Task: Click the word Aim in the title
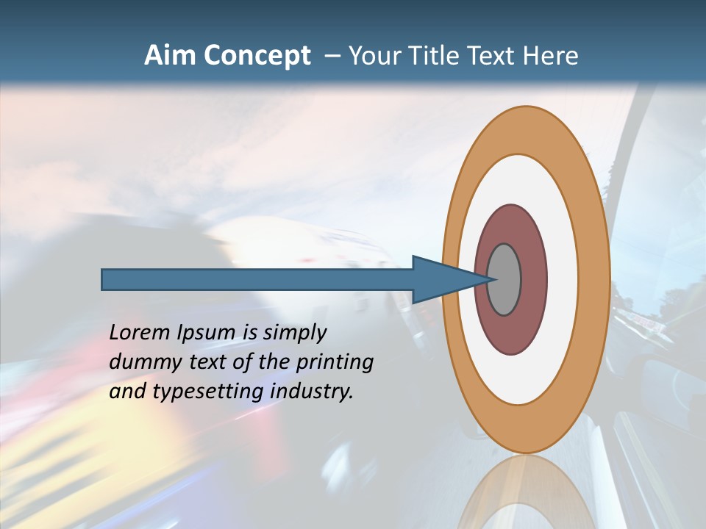170,55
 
